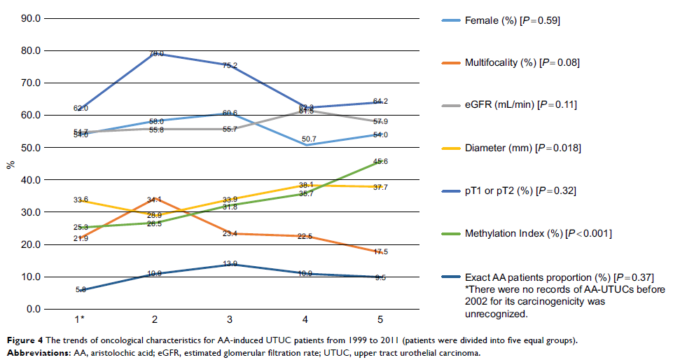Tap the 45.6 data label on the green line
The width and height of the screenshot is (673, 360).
click(380, 162)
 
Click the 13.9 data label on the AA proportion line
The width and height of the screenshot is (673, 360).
click(230, 263)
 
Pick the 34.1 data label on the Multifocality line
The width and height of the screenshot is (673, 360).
click(155, 200)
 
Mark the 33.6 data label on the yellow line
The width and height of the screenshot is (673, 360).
click(81, 200)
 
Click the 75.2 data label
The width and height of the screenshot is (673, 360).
click(230, 66)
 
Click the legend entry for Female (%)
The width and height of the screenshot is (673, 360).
click(512, 21)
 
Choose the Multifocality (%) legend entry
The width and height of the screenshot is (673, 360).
click(522, 63)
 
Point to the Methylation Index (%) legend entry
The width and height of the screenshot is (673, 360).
click(538, 233)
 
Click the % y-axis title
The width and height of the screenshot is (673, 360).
click(10, 165)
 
